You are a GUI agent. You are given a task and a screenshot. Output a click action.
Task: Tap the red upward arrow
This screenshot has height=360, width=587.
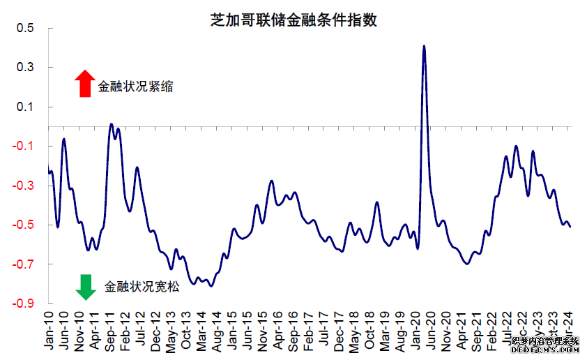point(84,83)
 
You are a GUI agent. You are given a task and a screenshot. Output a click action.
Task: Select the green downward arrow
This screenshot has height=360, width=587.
point(85,286)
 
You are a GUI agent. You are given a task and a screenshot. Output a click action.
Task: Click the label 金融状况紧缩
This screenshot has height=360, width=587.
point(135,87)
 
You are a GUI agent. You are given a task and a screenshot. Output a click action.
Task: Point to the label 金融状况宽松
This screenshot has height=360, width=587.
point(142,286)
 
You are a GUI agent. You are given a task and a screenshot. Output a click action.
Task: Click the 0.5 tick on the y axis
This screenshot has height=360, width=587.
point(26,29)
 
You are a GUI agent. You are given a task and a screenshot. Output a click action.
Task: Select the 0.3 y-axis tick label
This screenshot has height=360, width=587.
point(26,68)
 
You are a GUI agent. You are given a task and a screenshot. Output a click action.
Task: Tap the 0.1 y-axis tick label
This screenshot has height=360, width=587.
point(26,107)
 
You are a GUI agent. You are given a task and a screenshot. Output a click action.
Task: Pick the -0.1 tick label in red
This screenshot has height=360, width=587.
point(24,146)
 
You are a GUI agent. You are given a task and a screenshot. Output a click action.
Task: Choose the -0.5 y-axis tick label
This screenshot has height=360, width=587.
point(24,225)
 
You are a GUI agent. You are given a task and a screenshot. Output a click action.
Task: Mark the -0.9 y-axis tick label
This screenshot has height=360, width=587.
point(24,303)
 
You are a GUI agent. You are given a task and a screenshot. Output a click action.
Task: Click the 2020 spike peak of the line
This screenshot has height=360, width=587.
point(424,46)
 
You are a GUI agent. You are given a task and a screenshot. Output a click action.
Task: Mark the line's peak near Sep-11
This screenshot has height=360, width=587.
point(111,124)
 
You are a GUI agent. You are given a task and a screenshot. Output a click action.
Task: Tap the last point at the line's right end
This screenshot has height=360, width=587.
point(570,227)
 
